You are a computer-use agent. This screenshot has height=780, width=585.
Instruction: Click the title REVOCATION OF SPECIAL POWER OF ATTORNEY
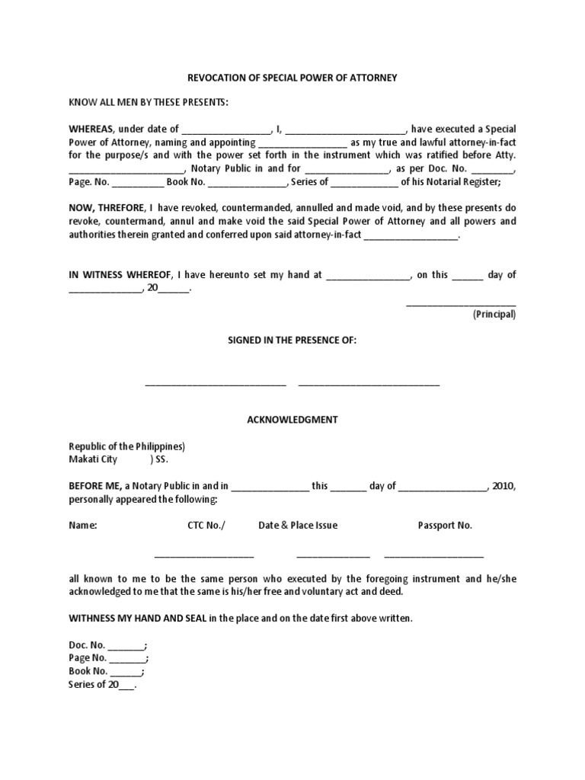click(292, 78)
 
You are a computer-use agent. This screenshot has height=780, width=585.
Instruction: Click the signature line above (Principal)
click(461, 303)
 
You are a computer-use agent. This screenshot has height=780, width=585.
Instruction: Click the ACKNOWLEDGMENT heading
click(292, 420)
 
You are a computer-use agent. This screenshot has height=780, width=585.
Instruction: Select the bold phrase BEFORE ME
click(97, 486)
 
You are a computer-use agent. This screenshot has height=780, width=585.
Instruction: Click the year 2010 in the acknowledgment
click(503, 486)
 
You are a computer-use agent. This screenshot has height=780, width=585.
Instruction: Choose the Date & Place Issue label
click(298, 526)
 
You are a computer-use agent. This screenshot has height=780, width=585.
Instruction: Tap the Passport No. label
click(445, 526)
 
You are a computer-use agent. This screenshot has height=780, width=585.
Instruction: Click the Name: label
click(83, 526)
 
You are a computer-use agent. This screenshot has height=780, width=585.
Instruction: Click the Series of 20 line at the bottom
click(102, 684)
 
